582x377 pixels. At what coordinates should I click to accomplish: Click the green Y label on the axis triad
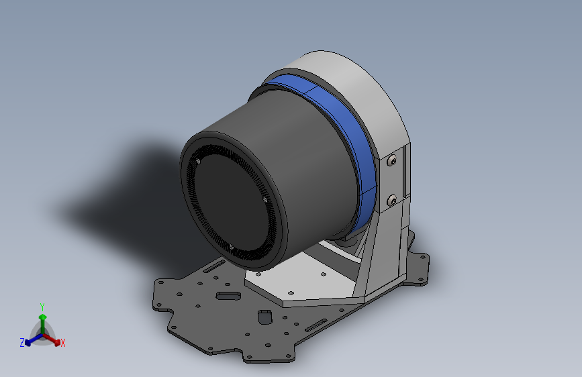click(42, 306)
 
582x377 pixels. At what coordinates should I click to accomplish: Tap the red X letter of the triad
click(63, 343)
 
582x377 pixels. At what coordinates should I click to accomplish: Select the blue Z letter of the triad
click(22, 343)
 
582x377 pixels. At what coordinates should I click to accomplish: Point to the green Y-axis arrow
click(42, 318)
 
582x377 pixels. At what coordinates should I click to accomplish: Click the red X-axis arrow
click(54, 338)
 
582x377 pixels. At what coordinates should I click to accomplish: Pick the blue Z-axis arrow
click(31, 339)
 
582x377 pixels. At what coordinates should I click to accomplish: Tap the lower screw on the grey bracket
click(392, 199)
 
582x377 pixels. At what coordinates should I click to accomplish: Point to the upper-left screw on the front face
click(198, 162)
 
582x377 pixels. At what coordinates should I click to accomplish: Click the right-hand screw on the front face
click(265, 199)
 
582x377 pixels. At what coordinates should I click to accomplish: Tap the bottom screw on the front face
click(232, 247)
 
